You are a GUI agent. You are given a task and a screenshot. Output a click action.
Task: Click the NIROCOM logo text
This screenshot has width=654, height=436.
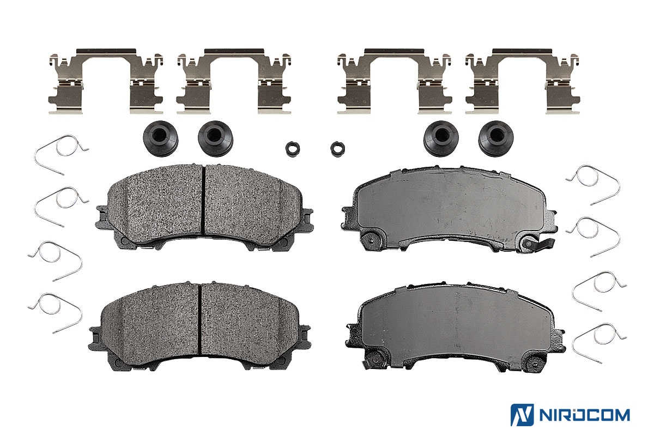pos(584,415)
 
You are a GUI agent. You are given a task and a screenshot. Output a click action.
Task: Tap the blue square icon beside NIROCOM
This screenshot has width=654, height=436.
pos(522,415)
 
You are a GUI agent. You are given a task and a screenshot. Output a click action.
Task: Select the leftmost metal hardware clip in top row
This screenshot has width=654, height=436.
pos(106,81)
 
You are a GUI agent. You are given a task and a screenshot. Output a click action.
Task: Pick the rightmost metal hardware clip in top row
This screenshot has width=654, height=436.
pos(522,81)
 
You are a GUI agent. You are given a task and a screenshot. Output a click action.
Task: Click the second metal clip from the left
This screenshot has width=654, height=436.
pos(234,81)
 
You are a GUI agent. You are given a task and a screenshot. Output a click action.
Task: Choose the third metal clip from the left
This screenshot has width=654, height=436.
pos(395,81)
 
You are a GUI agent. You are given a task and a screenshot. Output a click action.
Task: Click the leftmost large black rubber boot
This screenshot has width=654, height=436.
pos(160,138)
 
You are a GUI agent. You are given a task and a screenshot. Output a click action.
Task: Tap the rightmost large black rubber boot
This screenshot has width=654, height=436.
pos(496,138)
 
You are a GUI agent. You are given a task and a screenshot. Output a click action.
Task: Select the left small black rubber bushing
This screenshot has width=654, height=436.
pos(293,149)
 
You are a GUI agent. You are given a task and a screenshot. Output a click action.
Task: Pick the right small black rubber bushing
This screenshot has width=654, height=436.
pos(337,149)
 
